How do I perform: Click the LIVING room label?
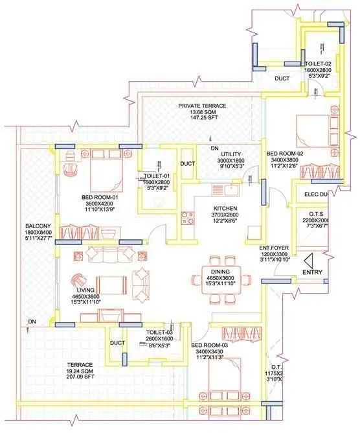click(86, 290)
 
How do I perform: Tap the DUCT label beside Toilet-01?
click(188, 164)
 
